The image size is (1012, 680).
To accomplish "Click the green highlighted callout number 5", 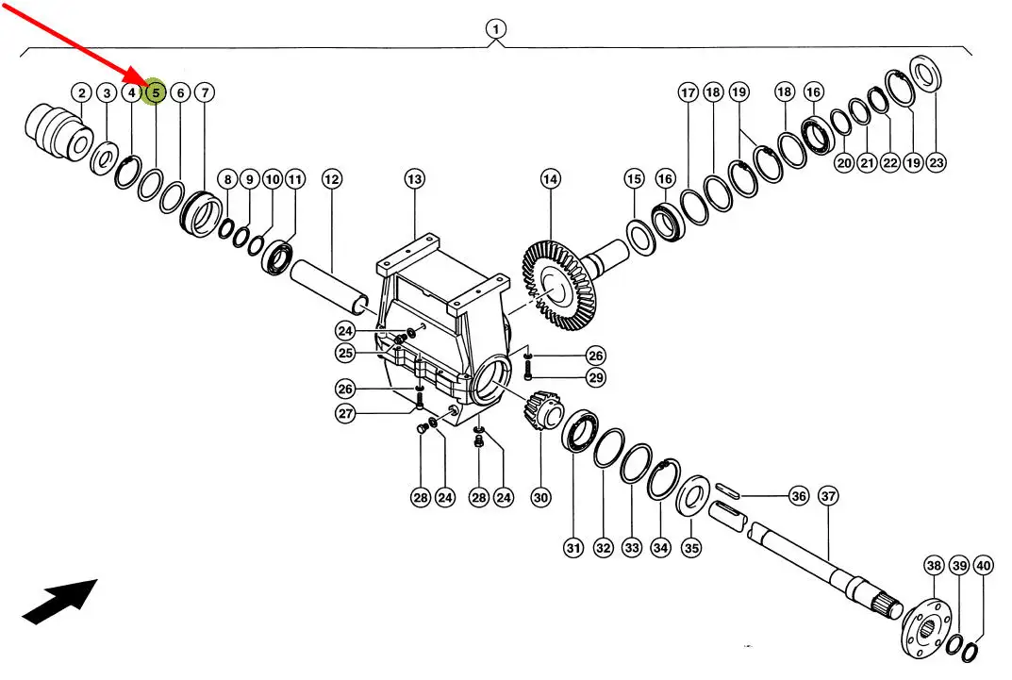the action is tap(156, 92).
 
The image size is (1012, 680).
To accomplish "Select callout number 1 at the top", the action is tap(496, 29).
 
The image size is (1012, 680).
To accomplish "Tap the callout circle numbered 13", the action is tap(414, 178).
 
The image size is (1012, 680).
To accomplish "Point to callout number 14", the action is tap(551, 178).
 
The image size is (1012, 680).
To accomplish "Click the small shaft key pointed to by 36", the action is tap(727, 489).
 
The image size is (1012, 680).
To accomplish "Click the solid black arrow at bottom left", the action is tap(59, 602).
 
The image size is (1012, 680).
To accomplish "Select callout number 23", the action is tap(936, 162).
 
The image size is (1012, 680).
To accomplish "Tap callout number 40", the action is tap(983, 566).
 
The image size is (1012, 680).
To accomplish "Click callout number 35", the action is tap(691, 548).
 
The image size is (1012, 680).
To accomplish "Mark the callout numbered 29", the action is tap(596, 377).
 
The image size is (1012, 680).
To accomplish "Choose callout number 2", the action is tap(81, 93).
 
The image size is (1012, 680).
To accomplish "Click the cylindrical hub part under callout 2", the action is tap(58, 132).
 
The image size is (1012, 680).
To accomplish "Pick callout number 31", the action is tap(573, 548).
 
